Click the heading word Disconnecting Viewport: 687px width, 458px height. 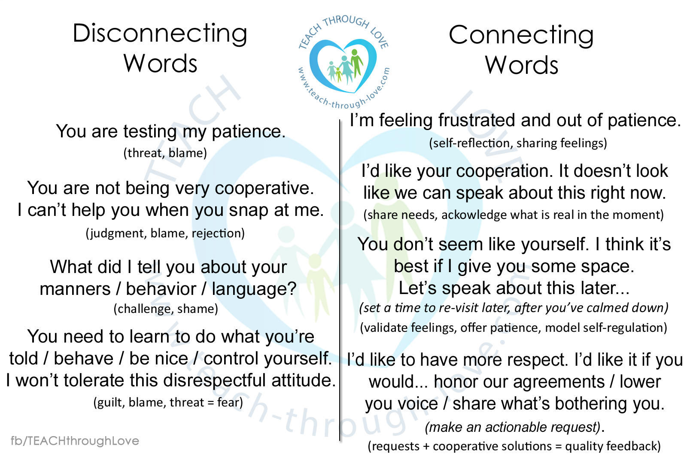tap(160, 34)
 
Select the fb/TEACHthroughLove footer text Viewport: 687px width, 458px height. tap(75, 441)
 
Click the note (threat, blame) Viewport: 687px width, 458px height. tap(165, 153)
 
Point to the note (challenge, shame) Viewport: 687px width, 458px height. tap(166, 308)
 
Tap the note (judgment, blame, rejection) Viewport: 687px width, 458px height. tap(165, 233)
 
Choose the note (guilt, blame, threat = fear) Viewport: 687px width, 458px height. tap(168, 402)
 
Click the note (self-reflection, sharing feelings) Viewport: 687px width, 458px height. tap(518, 143)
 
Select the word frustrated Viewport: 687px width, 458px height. tap(477, 120)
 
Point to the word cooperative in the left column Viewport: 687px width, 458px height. tap(264, 188)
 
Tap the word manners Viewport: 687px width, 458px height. tap(75, 289)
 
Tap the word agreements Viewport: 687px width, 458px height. tap(559, 382)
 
